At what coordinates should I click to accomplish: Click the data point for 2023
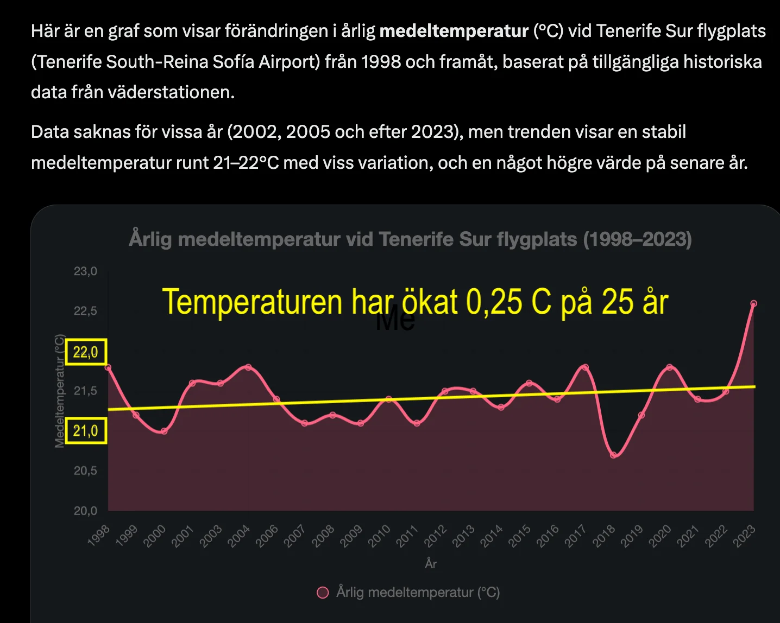coord(753,304)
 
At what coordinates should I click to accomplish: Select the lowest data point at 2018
coord(613,455)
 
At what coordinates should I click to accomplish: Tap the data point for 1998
coord(108,367)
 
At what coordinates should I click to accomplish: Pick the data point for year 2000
coord(164,431)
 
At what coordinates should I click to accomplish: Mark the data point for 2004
coord(248,367)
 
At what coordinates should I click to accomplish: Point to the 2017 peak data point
coord(585,367)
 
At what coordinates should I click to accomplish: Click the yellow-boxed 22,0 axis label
coord(86,352)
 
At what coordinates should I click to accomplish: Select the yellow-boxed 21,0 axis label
coord(86,431)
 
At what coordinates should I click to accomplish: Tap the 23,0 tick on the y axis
coord(85,271)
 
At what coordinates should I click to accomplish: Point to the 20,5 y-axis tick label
coord(85,471)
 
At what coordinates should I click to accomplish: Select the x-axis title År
coord(431,564)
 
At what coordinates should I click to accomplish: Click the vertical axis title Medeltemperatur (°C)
coord(59,391)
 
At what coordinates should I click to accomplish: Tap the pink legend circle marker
coord(323,593)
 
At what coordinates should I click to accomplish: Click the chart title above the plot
coord(410,239)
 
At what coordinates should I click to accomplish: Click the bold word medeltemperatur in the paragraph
coord(454,31)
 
